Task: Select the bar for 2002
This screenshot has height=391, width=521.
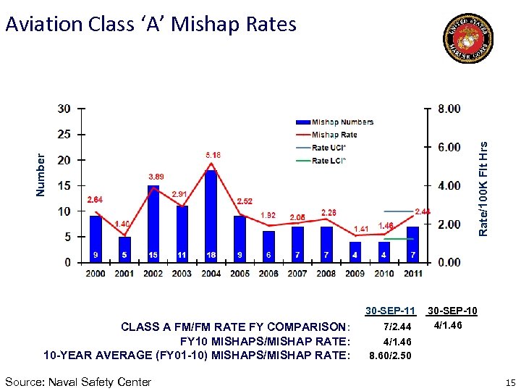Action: point(153,224)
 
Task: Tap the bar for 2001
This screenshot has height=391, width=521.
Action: point(124,249)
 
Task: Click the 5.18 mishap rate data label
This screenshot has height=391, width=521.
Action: point(212,155)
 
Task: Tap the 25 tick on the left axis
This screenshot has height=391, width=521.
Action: point(64,135)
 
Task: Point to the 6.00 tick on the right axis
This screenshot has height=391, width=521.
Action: point(449,147)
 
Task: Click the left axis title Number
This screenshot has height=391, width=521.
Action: point(41,174)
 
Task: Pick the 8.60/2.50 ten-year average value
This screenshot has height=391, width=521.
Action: point(390,356)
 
